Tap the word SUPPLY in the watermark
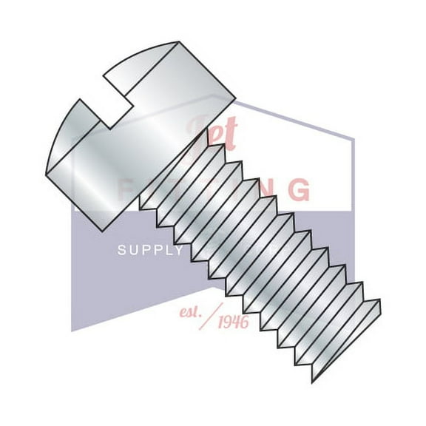point(150,251)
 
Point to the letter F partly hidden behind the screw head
point(126,189)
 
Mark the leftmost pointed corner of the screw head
point(45,172)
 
